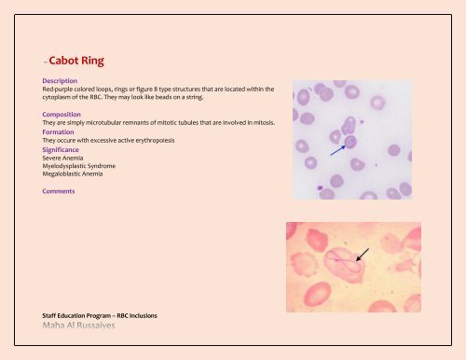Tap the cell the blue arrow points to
click(x=350, y=141)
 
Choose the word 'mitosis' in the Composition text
click(x=263, y=122)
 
